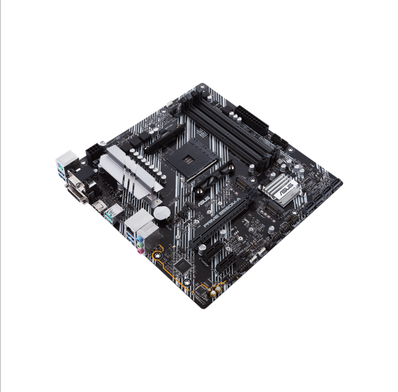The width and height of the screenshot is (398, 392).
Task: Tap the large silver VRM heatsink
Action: tap(130, 168)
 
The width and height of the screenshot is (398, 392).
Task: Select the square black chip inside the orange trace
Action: tap(183, 265)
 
